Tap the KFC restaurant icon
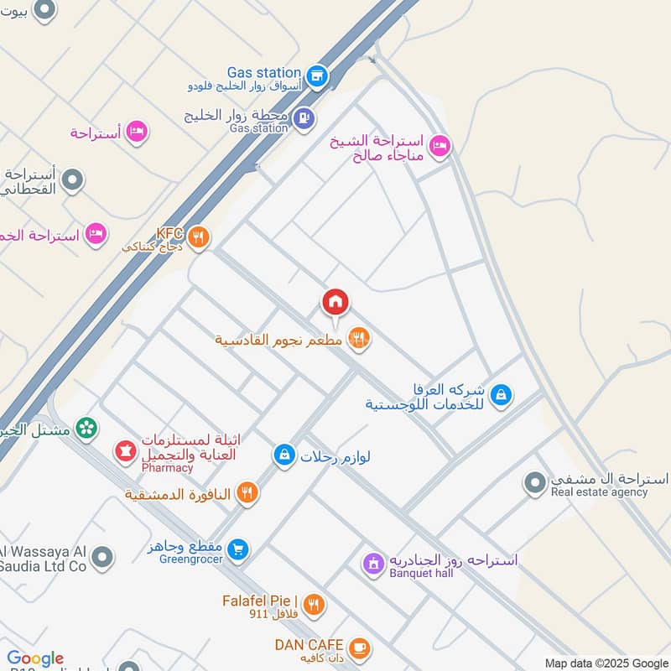click(x=198, y=237)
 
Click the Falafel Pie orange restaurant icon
click(x=313, y=604)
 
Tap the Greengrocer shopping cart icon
click(x=238, y=549)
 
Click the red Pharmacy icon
click(x=126, y=452)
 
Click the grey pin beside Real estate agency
click(x=534, y=483)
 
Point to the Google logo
click(x=35, y=658)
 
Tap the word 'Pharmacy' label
click(x=167, y=468)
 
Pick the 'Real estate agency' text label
click(x=599, y=492)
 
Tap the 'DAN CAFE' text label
click(x=305, y=644)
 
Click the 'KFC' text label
click(x=169, y=234)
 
